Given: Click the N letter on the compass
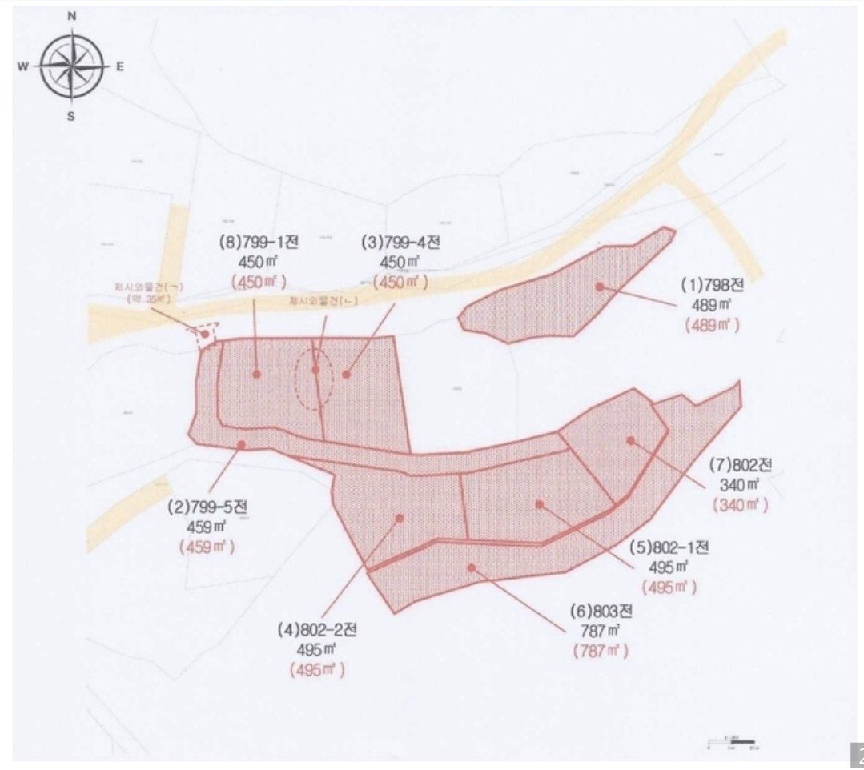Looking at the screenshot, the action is [73, 16].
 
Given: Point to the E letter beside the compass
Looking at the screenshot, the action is [119, 67].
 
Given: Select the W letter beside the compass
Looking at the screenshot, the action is [22, 67].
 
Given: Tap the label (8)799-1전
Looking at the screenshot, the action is [258, 243].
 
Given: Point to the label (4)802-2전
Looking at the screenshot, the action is [317, 630].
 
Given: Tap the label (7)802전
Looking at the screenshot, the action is [740, 465].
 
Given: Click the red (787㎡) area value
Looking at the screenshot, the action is [600, 651].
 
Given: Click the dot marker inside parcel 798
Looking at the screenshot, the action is [598, 286].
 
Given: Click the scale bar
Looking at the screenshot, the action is [733, 744].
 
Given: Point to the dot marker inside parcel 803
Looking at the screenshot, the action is [472, 567].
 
